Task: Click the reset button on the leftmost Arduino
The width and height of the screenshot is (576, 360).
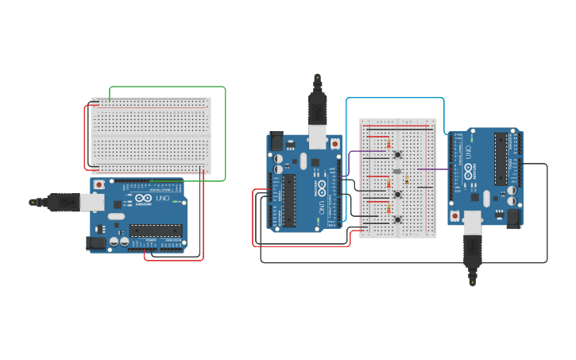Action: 99,185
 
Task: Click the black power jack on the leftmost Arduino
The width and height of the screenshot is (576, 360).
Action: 96,243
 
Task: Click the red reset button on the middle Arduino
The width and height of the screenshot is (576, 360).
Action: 334,144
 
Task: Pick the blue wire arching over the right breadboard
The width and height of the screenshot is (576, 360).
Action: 395,99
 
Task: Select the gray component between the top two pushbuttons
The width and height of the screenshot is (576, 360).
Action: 396,171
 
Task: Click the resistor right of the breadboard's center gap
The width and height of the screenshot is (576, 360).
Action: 406,180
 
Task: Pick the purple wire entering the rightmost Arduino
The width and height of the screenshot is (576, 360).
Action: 433,168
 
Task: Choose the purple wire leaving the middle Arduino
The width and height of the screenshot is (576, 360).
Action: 358,152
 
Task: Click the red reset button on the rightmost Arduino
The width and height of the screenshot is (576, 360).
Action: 455,215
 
